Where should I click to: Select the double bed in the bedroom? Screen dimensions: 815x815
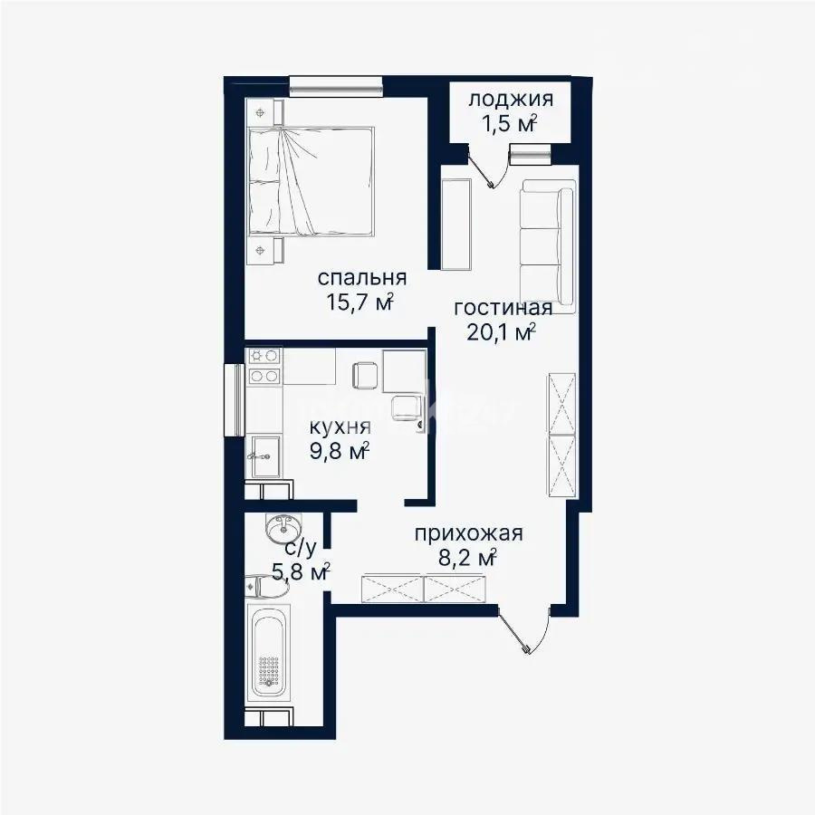pos(312,181)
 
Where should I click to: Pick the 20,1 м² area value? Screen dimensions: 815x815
pos(501,332)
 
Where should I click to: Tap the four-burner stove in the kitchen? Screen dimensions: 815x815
pos(264,365)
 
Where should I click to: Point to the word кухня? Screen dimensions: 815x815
pos(340,427)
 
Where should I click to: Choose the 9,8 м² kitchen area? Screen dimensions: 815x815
pos(339,451)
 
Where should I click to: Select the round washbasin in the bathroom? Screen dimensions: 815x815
pos(281,527)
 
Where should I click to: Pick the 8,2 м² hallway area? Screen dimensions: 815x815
pos(466,558)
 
